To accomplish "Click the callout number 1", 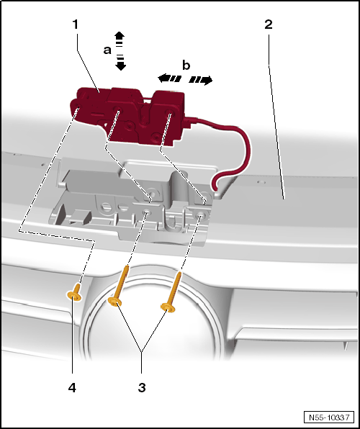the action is point(76,24).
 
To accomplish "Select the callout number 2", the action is point(269,24).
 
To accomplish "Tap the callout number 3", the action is point(142,388).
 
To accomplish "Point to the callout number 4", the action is point(72,388).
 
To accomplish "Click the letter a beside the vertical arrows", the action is point(107,50).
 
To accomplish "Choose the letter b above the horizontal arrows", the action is point(186,66).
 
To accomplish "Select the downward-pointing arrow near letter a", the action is point(120,63).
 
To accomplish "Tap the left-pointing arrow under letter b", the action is point(169,78).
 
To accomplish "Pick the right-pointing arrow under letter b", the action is point(201,80).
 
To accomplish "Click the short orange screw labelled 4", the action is point(74,293).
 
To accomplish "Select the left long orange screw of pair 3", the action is point(120,286).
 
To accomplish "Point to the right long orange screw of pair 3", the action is point(171,292).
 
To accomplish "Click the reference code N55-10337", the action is point(329,417).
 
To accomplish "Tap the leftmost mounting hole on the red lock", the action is point(78,108).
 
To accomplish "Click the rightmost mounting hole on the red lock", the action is point(169,112).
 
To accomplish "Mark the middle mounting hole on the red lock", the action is point(117,109).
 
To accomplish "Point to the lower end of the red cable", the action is point(215,189).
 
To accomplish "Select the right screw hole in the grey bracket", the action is point(199,216).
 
